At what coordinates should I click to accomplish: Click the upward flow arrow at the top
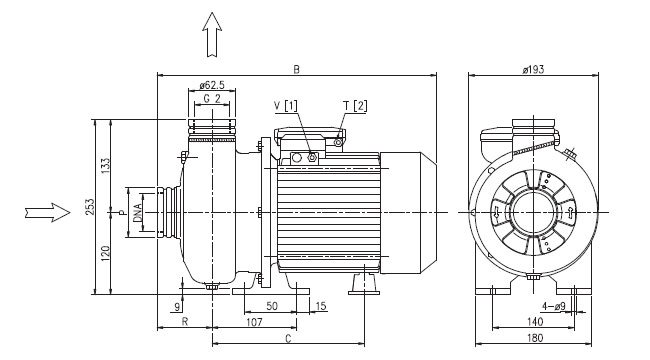pos(212,34)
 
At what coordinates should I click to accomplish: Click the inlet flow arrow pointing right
pos(47,212)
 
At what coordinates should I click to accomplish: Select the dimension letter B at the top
pos(296,69)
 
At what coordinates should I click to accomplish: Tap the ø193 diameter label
pos(533,69)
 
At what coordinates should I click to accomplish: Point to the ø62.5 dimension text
pos(212,85)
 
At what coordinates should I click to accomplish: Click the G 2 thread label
pos(212,99)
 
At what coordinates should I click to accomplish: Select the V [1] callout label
pos(286,106)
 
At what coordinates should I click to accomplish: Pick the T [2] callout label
pos(355,106)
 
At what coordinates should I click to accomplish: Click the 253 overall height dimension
pos(90,207)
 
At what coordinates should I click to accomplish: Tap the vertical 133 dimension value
pos(105,165)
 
